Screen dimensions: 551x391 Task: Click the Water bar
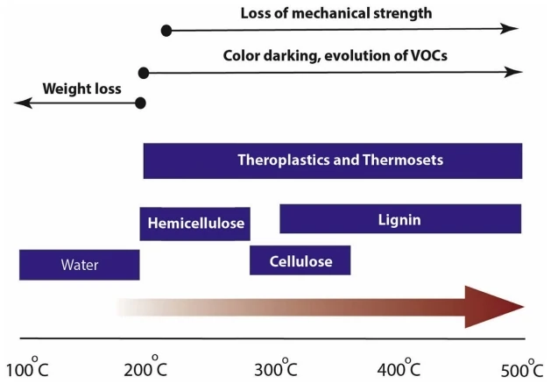[80, 265]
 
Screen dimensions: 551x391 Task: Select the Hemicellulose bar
[195, 224]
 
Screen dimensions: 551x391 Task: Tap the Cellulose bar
[300, 260]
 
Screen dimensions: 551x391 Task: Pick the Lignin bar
[400, 218]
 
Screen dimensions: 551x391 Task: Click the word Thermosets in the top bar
[403, 160]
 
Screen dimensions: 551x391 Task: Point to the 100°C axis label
[27, 367]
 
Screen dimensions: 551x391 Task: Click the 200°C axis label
[145, 367]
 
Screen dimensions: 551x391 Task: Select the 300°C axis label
[276, 368]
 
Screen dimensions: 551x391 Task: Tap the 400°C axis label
[399, 368]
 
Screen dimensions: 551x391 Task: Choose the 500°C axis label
[522, 369]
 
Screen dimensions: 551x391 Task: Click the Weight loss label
[81, 89]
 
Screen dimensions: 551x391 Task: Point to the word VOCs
[428, 55]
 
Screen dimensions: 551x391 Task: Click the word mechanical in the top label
[330, 13]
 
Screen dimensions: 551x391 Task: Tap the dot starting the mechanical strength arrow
[166, 31]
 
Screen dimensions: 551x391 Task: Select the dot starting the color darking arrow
[144, 73]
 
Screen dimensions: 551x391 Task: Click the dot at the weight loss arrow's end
[140, 103]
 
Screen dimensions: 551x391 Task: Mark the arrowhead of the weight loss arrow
[23, 103]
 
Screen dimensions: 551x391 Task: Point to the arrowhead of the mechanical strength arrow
[509, 28]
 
